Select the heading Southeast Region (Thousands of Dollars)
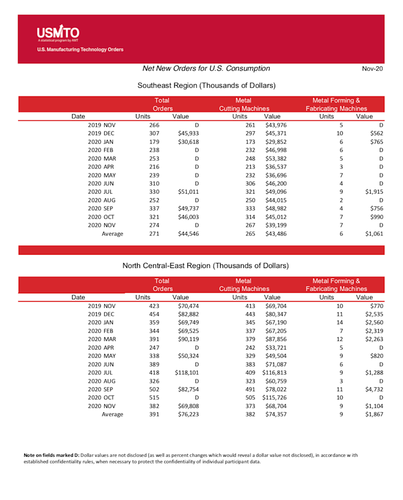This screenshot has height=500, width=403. [207, 86]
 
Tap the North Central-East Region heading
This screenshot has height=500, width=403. [206, 265]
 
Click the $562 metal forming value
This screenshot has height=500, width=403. [376, 133]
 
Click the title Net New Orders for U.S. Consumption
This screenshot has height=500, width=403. [206, 68]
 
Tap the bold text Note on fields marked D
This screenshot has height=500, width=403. [50, 455]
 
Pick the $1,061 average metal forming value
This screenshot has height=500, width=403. [372, 233]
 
